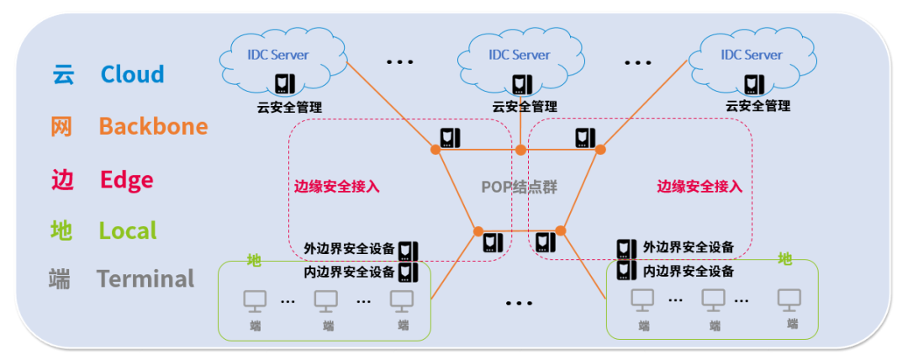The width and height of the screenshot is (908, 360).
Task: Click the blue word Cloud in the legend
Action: click(x=132, y=74)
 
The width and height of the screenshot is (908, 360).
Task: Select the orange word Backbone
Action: click(x=153, y=126)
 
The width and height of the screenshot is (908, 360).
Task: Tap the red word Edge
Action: click(x=126, y=179)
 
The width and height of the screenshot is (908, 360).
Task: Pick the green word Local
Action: click(x=128, y=230)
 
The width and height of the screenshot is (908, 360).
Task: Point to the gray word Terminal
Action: click(x=145, y=278)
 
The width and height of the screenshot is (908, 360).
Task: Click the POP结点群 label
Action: click(x=519, y=187)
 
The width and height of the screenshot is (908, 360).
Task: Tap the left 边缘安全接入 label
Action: click(x=336, y=187)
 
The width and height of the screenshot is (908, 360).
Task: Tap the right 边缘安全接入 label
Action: click(x=699, y=187)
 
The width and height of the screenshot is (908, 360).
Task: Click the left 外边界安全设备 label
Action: click(x=349, y=249)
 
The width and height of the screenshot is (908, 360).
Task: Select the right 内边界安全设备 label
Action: click(x=688, y=272)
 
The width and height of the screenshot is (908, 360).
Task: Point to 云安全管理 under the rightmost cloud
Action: click(x=758, y=107)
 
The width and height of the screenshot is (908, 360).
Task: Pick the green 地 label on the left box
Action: click(x=254, y=261)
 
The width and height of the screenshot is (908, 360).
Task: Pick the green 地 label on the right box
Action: click(x=784, y=258)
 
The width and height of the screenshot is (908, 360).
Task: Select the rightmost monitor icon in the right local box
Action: click(x=789, y=299)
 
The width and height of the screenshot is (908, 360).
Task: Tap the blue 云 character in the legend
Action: click(x=63, y=74)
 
